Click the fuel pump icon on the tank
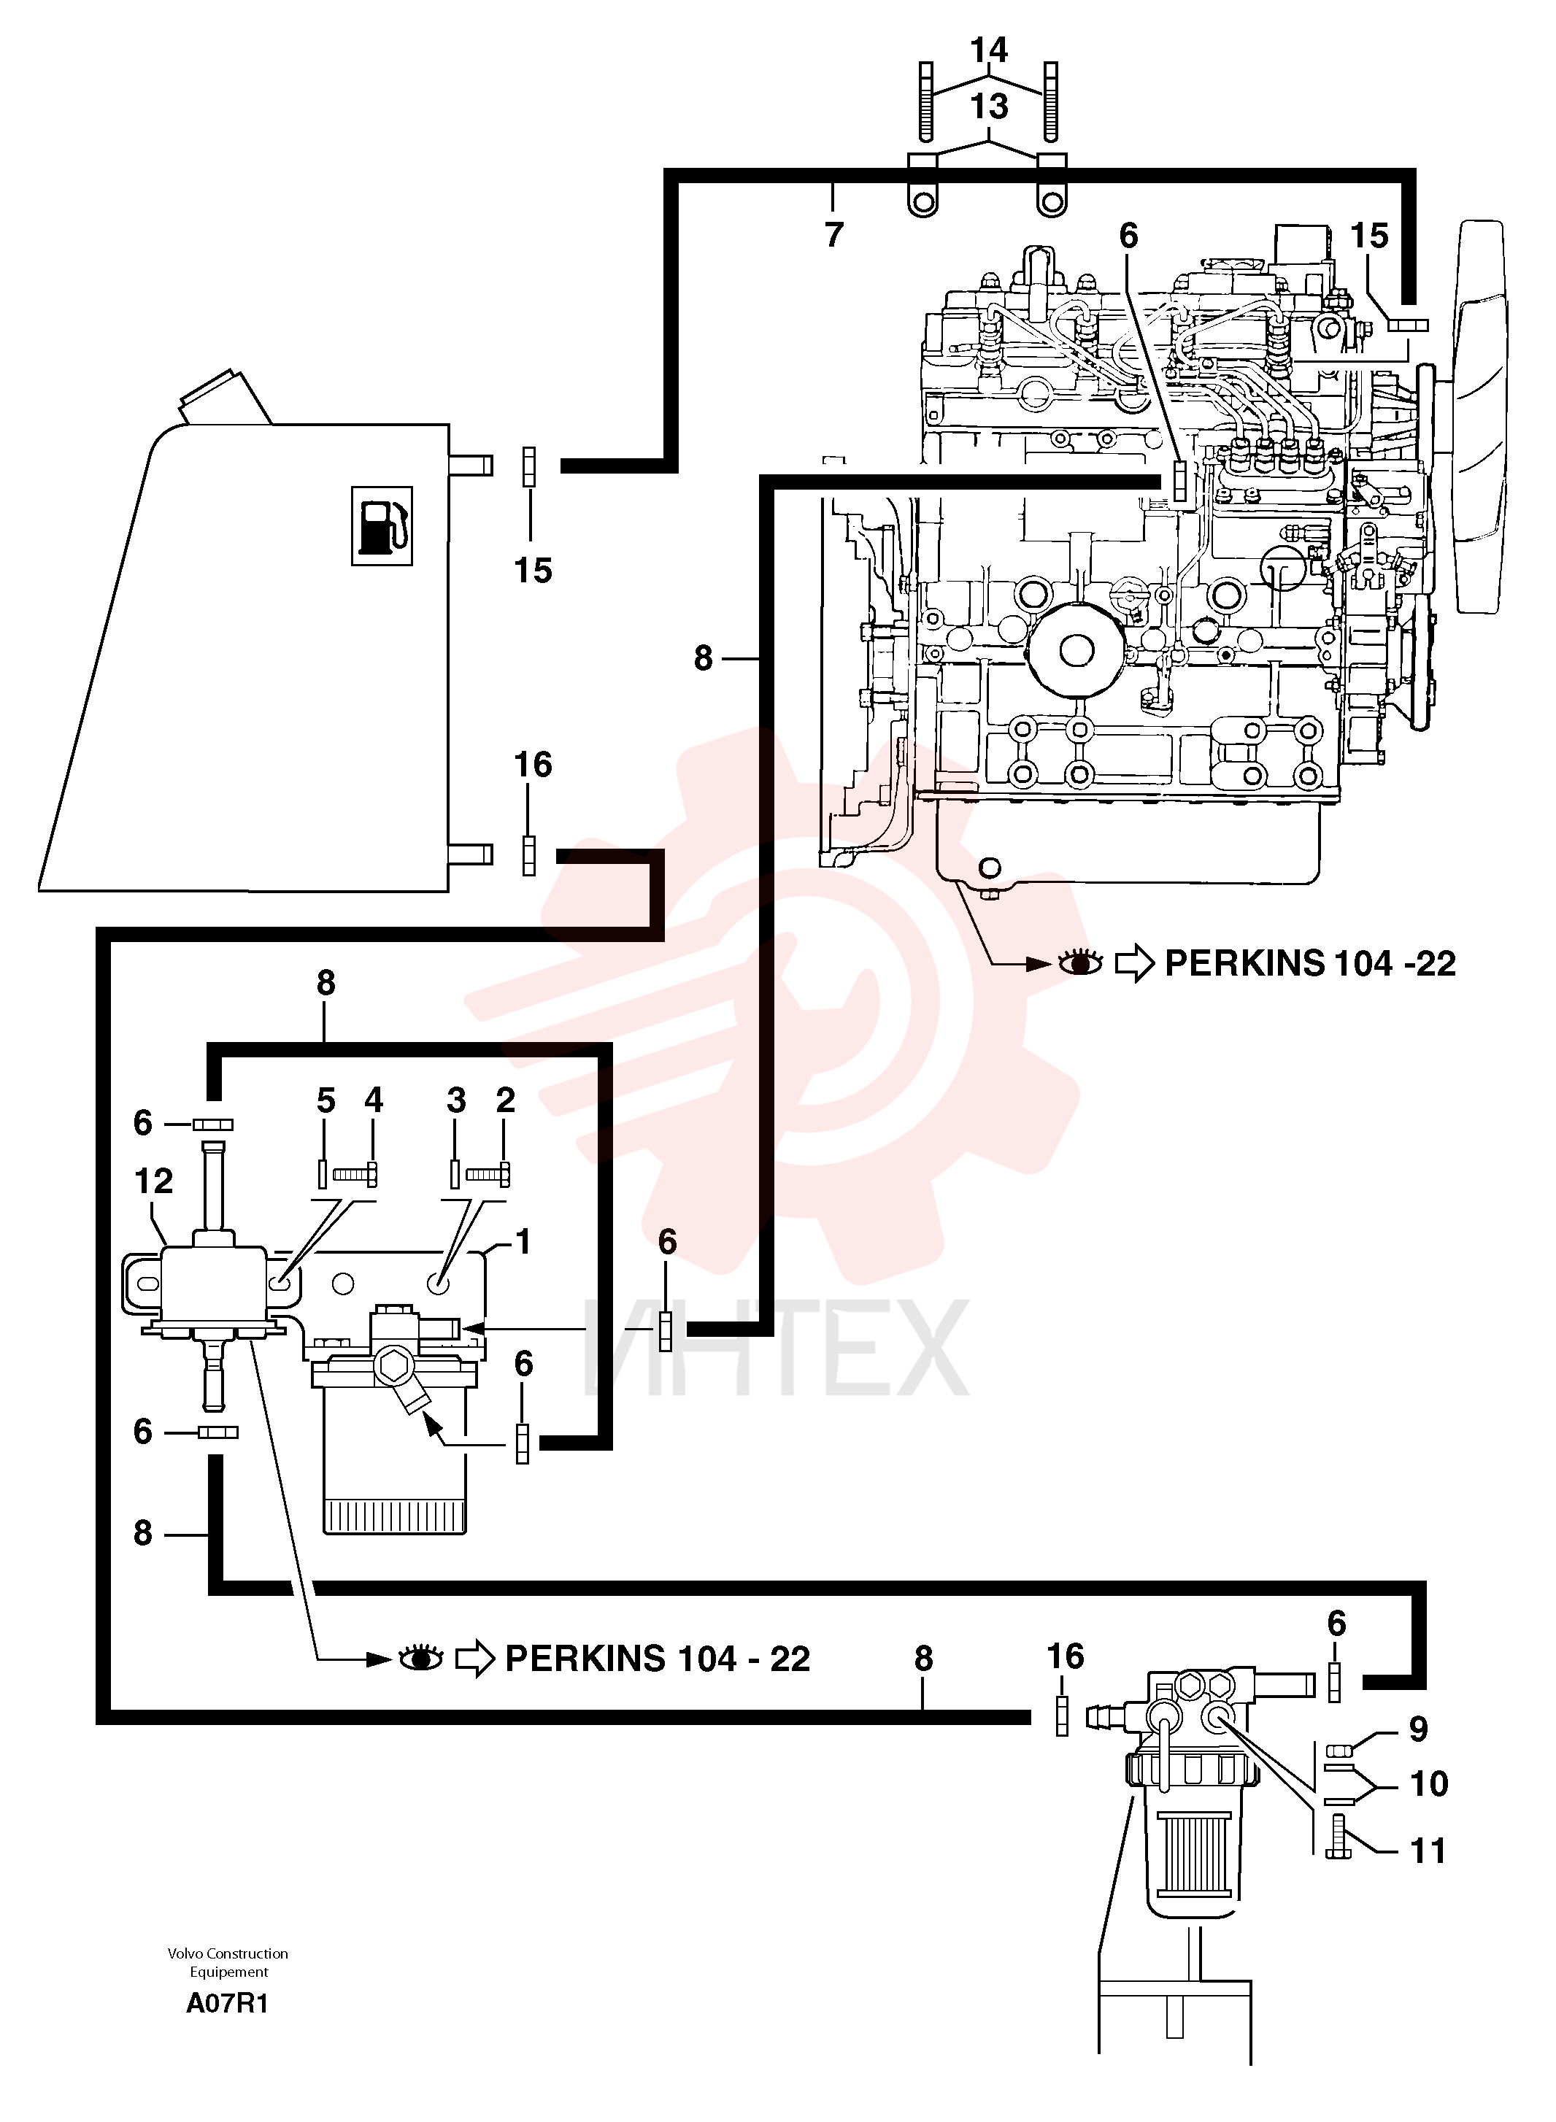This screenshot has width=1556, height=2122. [x=382, y=525]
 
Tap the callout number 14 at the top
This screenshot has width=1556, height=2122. [x=989, y=49]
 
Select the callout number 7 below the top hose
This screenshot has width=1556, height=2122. [x=833, y=234]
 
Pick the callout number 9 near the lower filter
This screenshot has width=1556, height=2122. [x=1419, y=1729]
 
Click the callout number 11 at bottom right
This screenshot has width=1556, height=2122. [x=1428, y=1852]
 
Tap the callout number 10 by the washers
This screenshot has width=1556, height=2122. [x=1429, y=1784]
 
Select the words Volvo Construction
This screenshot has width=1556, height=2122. [x=228, y=1953]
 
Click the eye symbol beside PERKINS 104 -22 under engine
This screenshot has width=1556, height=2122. [x=1080, y=963]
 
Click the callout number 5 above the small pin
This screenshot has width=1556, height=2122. [x=326, y=1100]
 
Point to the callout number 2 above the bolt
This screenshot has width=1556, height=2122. [x=506, y=1100]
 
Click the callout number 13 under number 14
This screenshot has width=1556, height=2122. [x=989, y=107]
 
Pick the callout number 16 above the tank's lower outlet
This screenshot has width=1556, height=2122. [x=533, y=765]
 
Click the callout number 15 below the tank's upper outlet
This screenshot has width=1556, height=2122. [x=533, y=570]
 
